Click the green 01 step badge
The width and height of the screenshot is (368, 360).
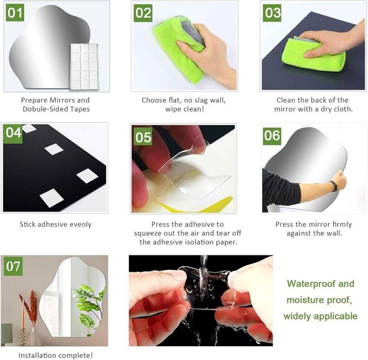(15, 13)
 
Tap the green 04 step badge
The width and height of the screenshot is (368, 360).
(13, 133)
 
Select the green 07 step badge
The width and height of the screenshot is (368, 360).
(13, 266)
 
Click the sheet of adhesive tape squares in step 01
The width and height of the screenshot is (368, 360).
(85, 66)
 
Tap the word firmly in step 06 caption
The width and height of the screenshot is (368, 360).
(340, 225)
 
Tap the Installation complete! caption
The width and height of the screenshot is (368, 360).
(56, 355)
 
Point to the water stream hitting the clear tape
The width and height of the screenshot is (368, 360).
(204, 270)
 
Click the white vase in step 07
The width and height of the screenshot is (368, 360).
(34, 336)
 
